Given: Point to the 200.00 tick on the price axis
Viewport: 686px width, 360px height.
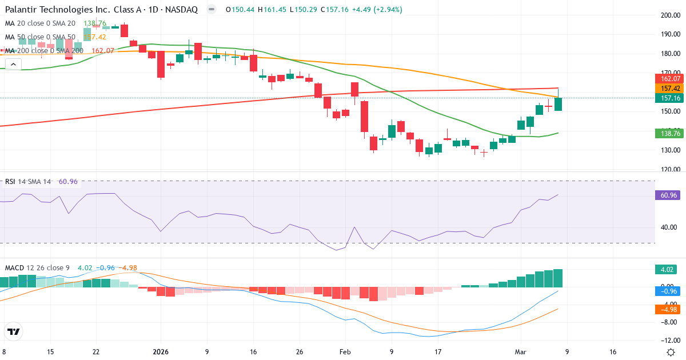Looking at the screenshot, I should tap(668, 15).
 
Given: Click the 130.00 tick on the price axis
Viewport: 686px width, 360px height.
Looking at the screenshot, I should tap(668, 150).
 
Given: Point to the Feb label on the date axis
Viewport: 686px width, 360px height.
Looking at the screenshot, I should tap(345, 352).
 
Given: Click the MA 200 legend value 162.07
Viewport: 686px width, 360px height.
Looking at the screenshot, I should tap(103, 51).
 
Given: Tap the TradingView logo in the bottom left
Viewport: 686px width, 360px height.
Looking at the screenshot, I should tap(14, 331).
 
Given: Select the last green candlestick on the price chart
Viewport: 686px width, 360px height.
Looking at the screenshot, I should tap(558, 103).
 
